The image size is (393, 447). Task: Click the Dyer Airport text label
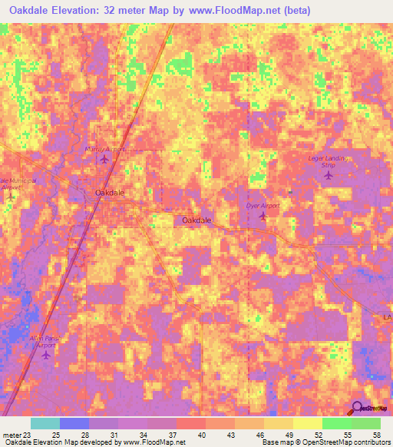(264, 206)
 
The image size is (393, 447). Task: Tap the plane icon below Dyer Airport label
(263, 217)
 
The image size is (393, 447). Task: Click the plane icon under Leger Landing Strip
(329, 176)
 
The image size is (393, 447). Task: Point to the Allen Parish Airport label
(47, 341)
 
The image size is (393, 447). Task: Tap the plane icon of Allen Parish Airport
(46, 355)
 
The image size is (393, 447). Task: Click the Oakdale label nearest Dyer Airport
(196, 220)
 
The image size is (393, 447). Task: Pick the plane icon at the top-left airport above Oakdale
(105, 159)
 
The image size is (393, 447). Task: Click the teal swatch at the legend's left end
(45, 423)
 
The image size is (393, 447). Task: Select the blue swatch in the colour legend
(74, 423)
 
